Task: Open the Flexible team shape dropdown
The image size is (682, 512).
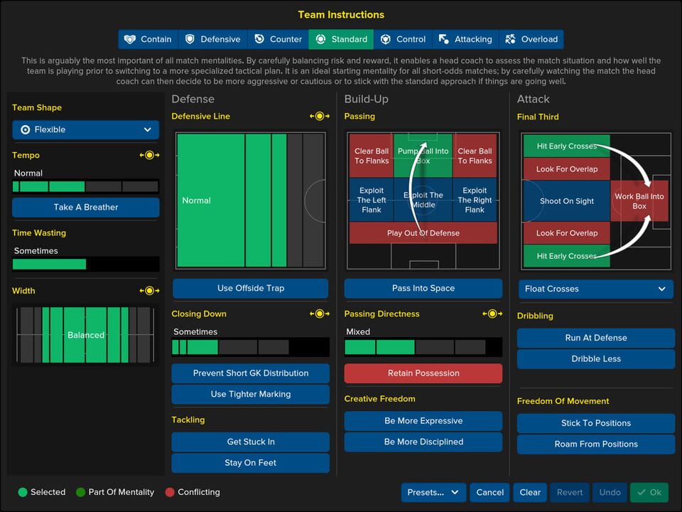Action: [x=85, y=129]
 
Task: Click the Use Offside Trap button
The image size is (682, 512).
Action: [x=250, y=288]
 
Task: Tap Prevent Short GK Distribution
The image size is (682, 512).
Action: [x=250, y=373]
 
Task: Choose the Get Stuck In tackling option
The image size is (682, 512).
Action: [x=250, y=442]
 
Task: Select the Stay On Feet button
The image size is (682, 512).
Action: [x=250, y=463]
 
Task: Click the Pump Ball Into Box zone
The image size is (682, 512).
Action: [x=423, y=155]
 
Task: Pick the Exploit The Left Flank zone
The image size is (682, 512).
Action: [x=372, y=201]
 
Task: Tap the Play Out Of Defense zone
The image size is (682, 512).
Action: [x=423, y=233]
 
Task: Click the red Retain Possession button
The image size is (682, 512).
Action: [x=423, y=373]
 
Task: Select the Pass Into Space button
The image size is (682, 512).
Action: [x=423, y=288]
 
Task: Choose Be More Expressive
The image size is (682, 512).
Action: [x=423, y=420]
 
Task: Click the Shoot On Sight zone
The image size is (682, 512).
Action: [x=566, y=201]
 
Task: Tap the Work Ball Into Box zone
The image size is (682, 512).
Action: [x=639, y=201]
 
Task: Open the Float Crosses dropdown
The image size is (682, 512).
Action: [x=596, y=289]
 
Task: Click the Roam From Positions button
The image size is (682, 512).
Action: [x=596, y=444]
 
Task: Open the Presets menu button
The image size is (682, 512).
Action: [x=433, y=492]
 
